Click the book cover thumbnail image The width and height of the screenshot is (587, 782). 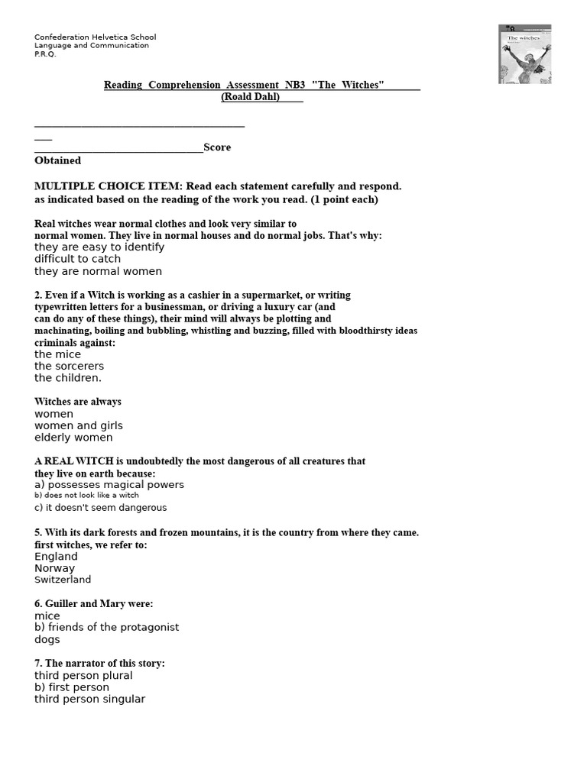(x=524, y=53)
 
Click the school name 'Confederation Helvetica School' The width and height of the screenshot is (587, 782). (x=95, y=37)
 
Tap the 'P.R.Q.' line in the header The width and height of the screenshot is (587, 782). (x=45, y=54)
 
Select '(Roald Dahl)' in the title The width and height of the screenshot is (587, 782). (x=251, y=97)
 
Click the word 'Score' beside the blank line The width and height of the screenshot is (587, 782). (x=217, y=147)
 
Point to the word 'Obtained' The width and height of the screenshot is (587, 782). (x=57, y=160)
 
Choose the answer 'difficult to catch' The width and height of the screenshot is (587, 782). (x=77, y=259)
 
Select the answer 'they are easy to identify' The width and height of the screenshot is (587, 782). (x=99, y=247)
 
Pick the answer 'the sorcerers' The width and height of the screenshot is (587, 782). (x=69, y=367)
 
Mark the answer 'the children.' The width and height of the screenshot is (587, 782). (x=67, y=378)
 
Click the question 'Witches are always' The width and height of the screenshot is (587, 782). (x=77, y=402)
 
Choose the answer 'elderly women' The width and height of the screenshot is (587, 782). (x=73, y=438)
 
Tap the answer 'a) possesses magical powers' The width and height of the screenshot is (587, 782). (x=109, y=485)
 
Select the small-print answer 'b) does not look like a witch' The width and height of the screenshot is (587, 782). (x=86, y=496)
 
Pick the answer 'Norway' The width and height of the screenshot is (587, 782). (x=54, y=568)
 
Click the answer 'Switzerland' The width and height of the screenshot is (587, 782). (x=63, y=580)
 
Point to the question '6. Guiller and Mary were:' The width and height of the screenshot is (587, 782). (x=93, y=603)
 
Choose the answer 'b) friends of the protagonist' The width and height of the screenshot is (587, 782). (x=107, y=627)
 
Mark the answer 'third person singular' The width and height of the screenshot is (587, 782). (x=89, y=699)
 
